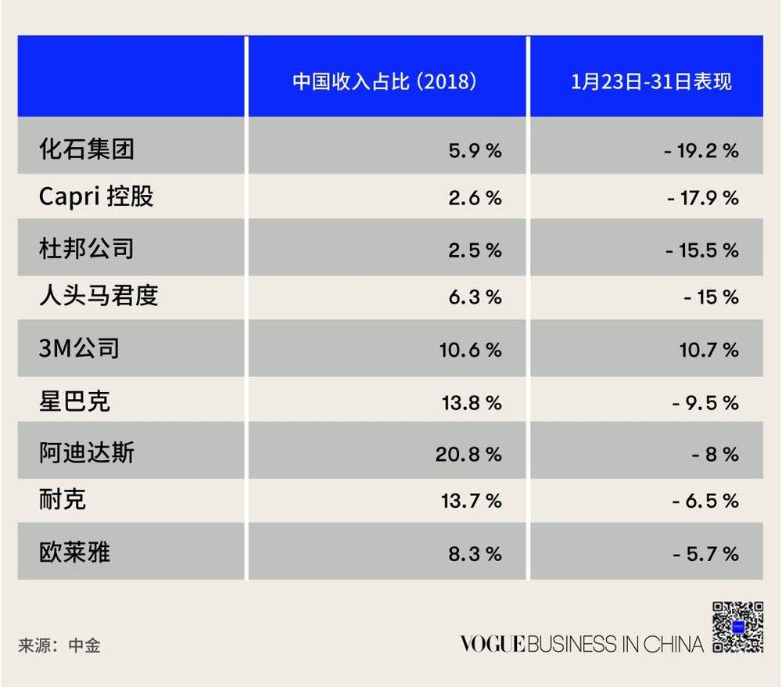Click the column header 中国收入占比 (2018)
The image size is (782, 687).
[x=385, y=82]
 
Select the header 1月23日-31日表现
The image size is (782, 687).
[x=651, y=82]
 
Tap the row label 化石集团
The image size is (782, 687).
[x=87, y=149]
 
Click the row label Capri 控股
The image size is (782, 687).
[x=96, y=196]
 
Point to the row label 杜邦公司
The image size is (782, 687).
[x=87, y=248]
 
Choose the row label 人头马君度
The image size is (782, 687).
[x=99, y=296]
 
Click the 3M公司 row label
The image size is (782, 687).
[x=79, y=347]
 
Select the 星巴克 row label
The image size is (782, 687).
[x=75, y=401]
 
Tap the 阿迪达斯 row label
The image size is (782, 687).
[x=87, y=452]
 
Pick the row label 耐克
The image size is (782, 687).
[x=63, y=499]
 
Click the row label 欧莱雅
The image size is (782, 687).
[x=75, y=552]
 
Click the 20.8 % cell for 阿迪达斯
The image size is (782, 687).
[x=468, y=454]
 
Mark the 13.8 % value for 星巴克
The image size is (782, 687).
[x=471, y=402]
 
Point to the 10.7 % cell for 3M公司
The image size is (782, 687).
[x=708, y=349]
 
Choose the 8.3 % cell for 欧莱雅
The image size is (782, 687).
[x=475, y=553]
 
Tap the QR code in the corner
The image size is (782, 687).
[x=737, y=627]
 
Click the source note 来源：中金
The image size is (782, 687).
[x=59, y=646]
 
